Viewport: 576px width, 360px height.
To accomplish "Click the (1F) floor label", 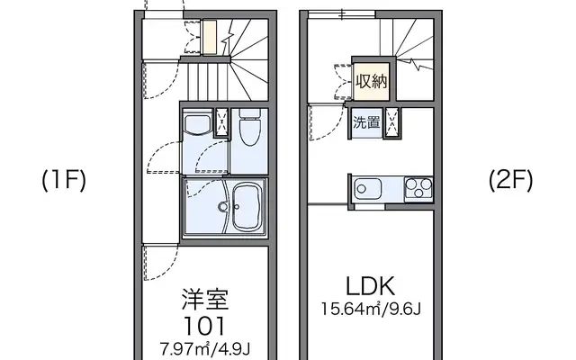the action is [x=64, y=180].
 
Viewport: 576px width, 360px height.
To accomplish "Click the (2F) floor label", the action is [x=510, y=180].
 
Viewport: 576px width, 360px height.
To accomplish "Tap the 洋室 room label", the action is [x=205, y=300].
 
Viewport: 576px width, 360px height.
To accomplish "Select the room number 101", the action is [x=204, y=327].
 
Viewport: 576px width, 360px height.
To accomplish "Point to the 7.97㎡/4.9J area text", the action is [x=205, y=348].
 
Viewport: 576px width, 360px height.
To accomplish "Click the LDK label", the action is [x=371, y=286].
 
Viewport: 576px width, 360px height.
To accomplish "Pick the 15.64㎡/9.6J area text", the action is [x=371, y=309].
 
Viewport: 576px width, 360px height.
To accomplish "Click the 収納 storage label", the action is [x=372, y=81].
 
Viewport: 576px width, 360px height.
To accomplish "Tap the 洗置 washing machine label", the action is [x=366, y=122].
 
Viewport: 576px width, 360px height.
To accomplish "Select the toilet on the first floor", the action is [x=249, y=128].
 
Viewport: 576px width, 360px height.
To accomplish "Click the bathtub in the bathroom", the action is [x=249, y=207].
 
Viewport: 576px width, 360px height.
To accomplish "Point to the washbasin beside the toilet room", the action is [x=197, y=125].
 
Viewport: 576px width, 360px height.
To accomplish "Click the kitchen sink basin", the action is [x=367, y=190].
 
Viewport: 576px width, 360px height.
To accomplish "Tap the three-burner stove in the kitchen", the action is [x=418, y=188].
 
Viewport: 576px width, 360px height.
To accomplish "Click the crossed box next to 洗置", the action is [x=392, y=123].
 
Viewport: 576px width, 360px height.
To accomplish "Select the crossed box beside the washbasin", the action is [x=221, y=122].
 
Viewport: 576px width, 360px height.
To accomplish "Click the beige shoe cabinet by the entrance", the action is [x=210, y=38].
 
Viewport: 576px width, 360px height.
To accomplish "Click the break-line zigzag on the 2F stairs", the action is [x=415, y=65].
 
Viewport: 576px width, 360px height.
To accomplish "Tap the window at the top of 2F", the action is [x=341, y=14].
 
